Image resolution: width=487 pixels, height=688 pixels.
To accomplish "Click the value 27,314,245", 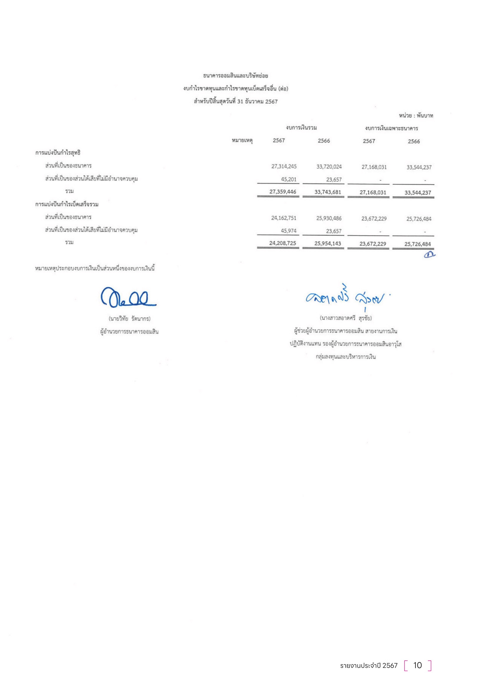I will [x=284, y=166].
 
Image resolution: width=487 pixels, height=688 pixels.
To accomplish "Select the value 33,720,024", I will [x=329, y=166].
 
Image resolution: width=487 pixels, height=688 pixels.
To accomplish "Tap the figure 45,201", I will [x=289, y=179].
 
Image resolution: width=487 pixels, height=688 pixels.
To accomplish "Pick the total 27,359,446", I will [x=282, y=192].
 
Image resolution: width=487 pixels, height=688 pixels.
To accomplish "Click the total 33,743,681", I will [x=328, y=192].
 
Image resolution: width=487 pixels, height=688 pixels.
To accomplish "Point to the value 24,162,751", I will [x=284, y=218].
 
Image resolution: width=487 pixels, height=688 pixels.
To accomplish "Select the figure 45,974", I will [x=289, y=231].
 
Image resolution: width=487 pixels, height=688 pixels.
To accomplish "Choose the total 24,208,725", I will [x=282, y=243].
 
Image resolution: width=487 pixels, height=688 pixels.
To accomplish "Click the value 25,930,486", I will [x=329, y=219].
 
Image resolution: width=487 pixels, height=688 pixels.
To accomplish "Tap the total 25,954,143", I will [x=328, y=243].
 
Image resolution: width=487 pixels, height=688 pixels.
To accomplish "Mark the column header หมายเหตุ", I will [x=242, y=140].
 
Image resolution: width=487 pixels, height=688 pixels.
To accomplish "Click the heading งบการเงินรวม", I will [x=301, y=128].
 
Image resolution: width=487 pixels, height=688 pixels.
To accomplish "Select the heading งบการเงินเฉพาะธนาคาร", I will [x=391, y=129].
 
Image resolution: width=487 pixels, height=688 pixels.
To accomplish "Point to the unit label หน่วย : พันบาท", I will [x=416, y=116].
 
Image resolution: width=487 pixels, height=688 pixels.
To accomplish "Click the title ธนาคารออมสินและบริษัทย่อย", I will [x=236, y=76].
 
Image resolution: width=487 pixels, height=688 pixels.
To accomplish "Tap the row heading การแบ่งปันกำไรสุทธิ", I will [x=58, y=153].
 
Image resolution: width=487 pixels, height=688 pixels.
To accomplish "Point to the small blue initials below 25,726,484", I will [x=429, y=254].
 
